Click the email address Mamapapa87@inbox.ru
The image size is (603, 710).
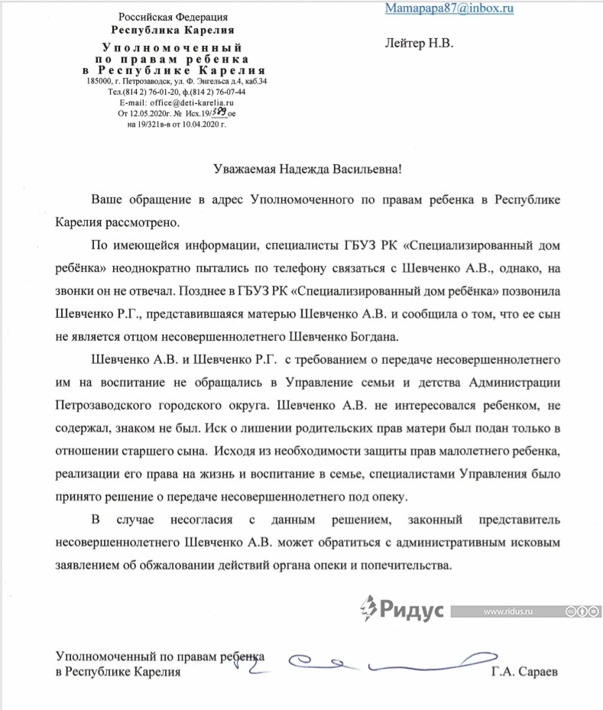449,8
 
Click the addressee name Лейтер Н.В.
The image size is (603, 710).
419,44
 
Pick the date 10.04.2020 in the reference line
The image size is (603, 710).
202,123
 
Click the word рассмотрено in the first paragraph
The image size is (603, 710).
141,223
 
